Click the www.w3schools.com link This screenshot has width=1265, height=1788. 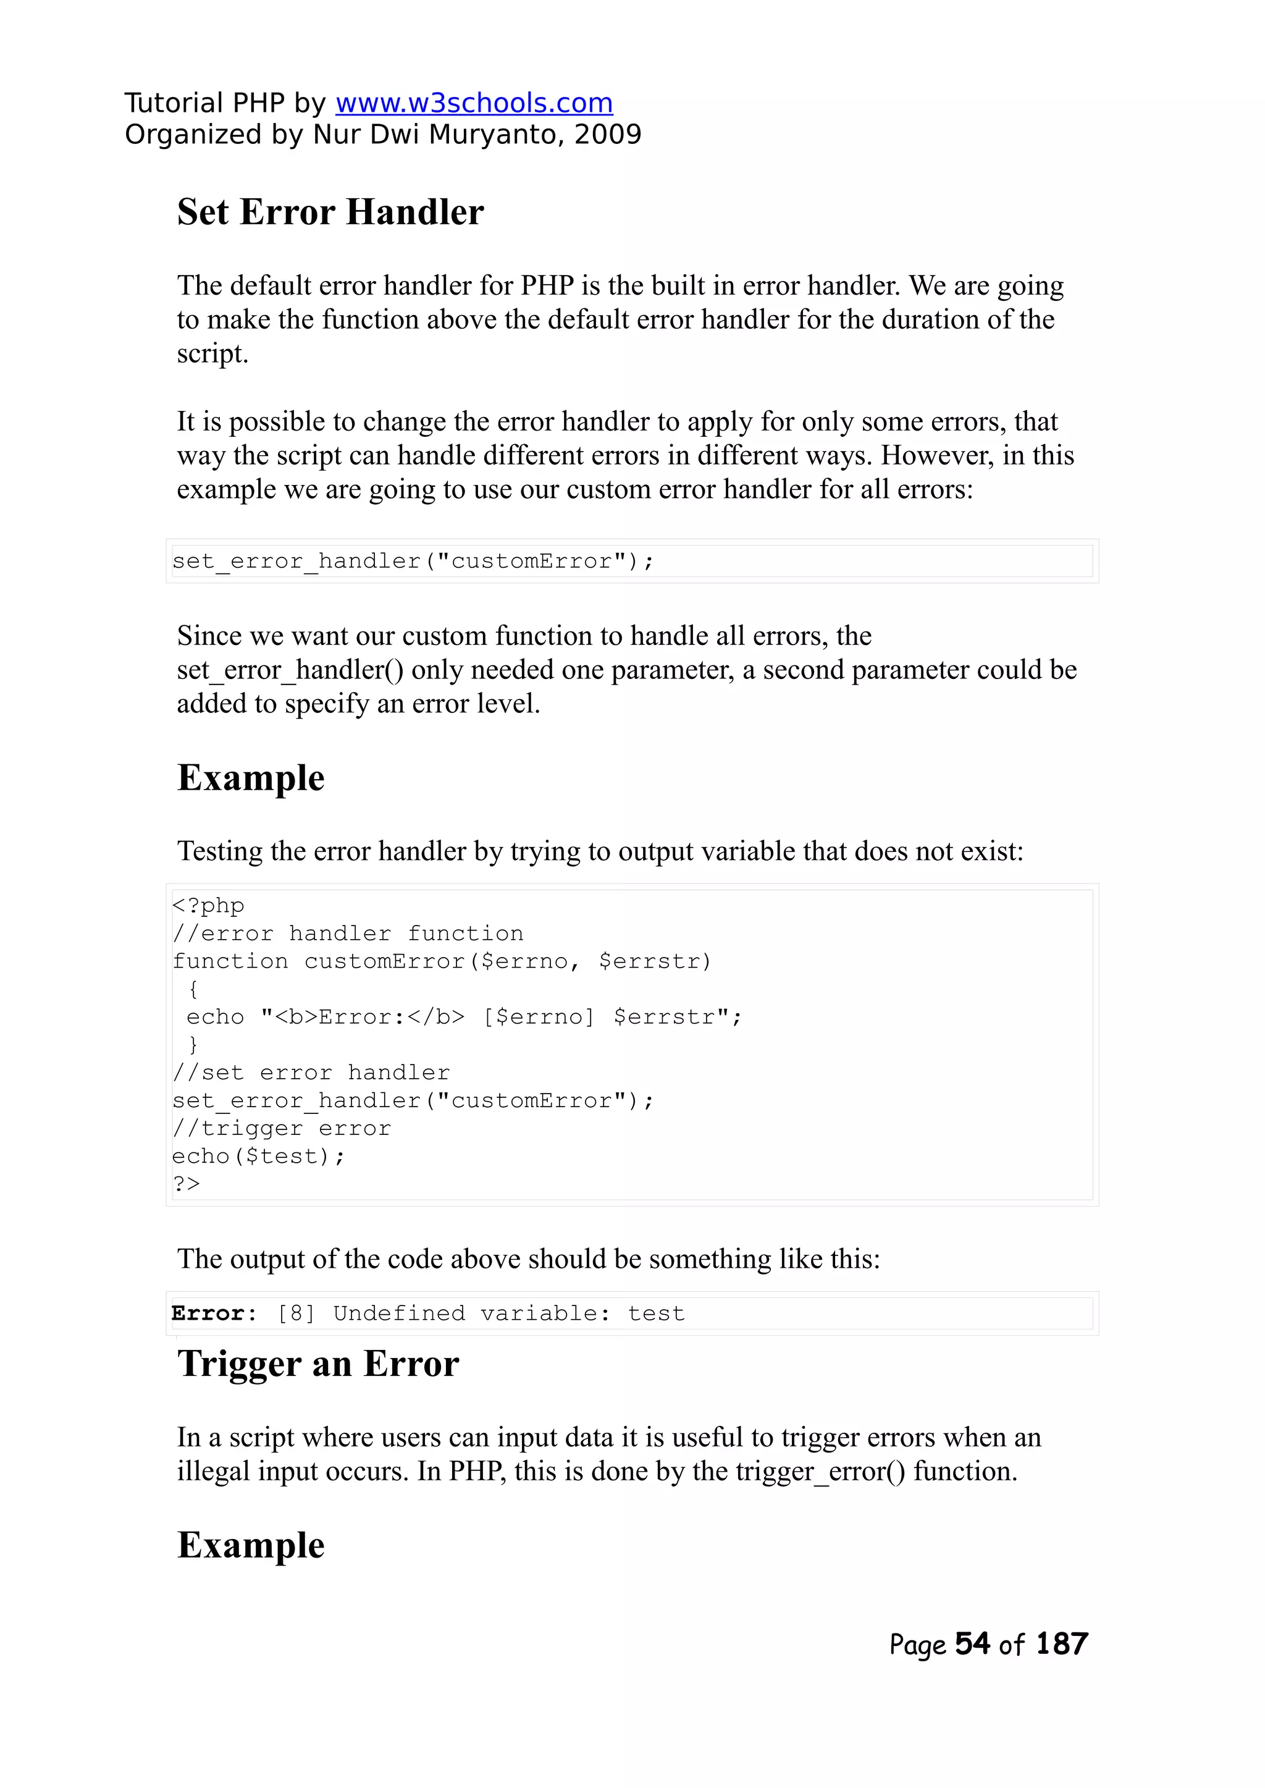point(474,103)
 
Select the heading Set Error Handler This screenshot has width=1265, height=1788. point(330,212)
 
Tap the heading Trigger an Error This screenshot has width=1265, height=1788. point(318,1364)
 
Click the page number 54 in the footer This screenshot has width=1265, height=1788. point(972,1644)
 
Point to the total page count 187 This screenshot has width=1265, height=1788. point(1062,1644)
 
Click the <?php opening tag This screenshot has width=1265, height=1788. point(208,905)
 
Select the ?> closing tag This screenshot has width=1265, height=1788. point(186,1183)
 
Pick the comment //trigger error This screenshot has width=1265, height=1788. point(281,1128)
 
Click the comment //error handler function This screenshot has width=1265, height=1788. point(347,934)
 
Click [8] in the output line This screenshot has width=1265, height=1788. point(296,1314)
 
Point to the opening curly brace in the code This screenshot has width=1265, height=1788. point(193,989)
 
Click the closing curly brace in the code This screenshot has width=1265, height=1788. point(193,1045)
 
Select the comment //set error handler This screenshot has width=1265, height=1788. point(311,1073)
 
